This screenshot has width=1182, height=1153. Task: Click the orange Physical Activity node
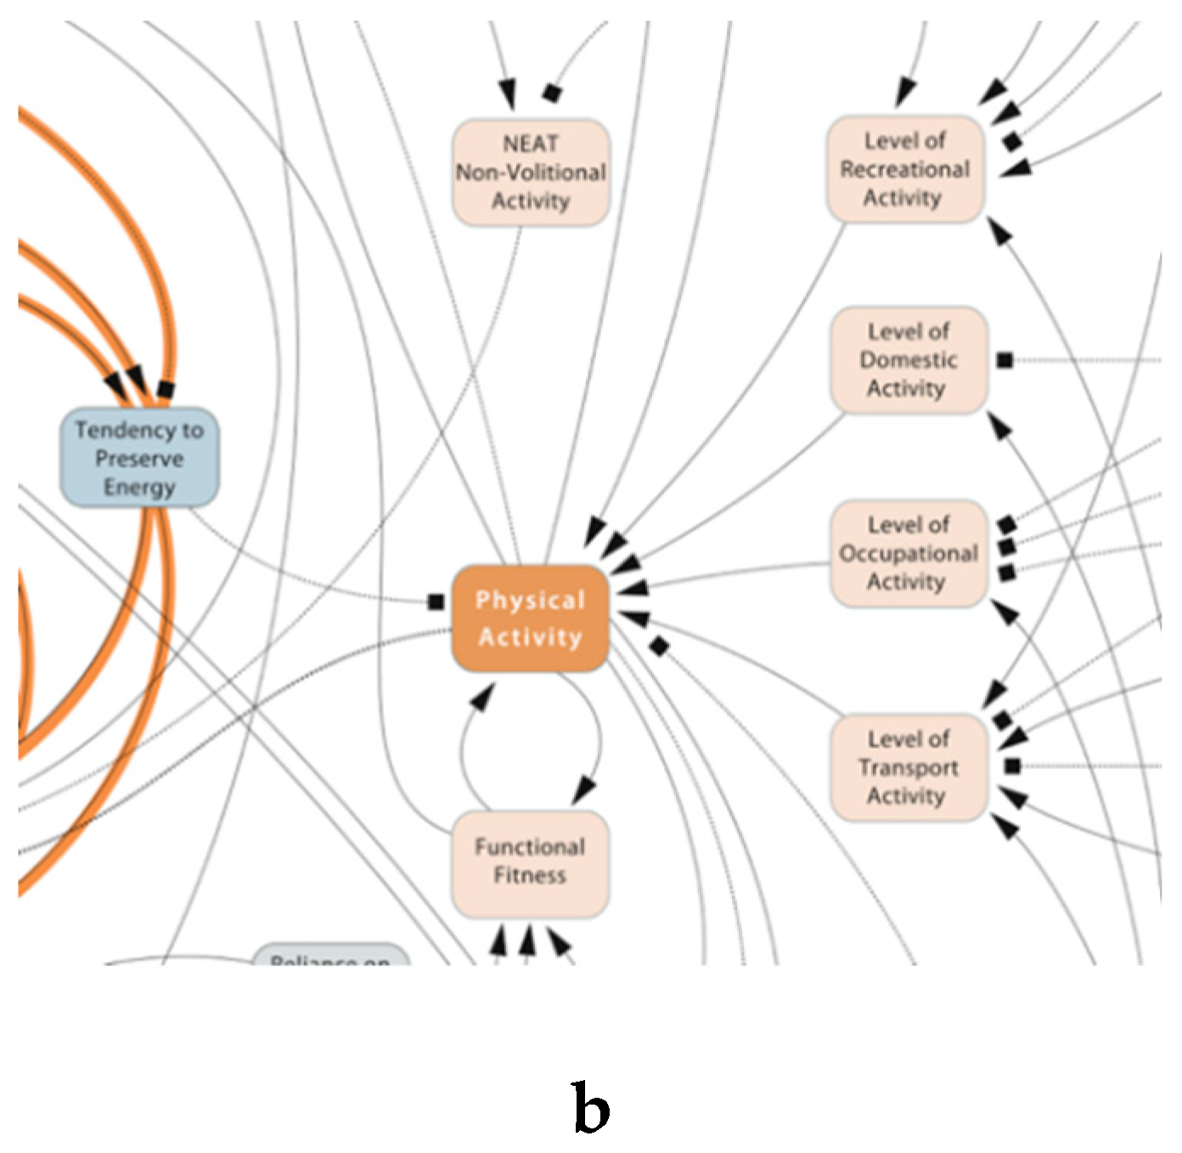point(530,619)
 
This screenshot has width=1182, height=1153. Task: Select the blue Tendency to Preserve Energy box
point(139,458)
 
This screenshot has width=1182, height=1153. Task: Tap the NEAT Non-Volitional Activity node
point(531,172)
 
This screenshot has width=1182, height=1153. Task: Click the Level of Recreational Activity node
point(905,169)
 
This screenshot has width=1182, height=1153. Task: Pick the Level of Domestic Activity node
point(909,360)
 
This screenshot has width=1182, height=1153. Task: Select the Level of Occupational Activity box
point(909,553)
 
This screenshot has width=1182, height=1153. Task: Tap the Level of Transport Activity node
point(909,767)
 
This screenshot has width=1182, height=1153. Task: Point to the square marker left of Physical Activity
point(436,602)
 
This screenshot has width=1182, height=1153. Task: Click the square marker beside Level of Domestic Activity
point(1005,360)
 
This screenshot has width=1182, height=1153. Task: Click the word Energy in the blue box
point(139,487)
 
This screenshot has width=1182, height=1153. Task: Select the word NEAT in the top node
point(531,144)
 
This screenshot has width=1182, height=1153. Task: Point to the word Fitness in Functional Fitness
point(530,876)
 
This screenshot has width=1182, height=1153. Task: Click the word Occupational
point(909,553)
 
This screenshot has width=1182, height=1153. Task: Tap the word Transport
point(909,767)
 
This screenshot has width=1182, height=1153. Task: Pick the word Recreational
point(905,169)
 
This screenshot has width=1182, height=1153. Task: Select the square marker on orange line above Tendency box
point(166,390)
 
